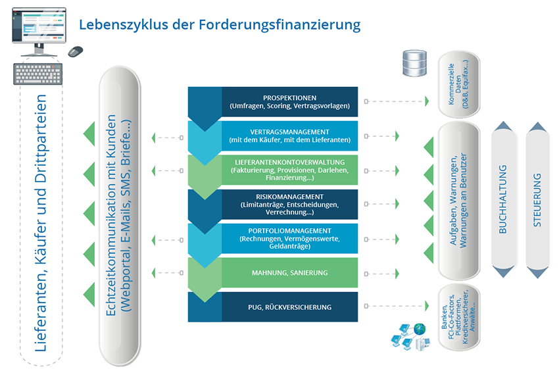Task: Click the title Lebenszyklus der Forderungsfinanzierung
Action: (x=220, y=25)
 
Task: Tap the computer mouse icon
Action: (x=76, y=51)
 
